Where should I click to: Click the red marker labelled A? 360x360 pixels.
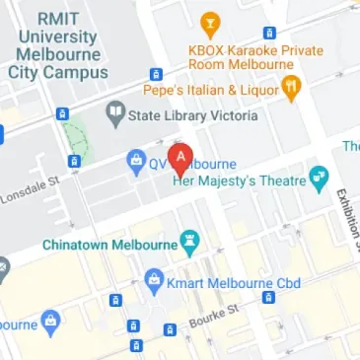click(180, 157)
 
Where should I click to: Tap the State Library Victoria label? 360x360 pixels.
click(193, 116)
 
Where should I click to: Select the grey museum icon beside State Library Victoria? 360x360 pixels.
click(116, 114)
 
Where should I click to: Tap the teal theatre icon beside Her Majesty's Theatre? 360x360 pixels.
click(318, 180)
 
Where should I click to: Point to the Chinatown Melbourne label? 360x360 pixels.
click(108, 243)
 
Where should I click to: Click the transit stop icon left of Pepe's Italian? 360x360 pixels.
click(156, 74)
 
